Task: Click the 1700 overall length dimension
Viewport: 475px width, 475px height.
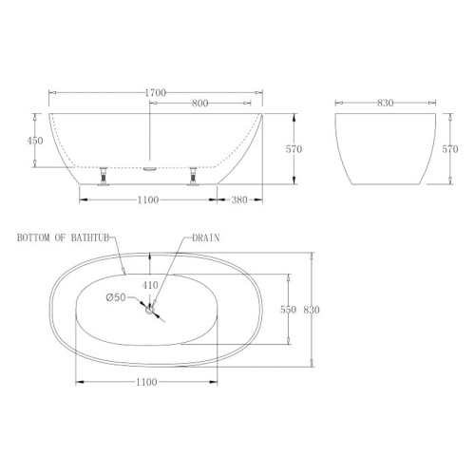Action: click(x=156, y=93)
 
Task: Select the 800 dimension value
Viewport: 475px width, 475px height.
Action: click(x=200, y=104)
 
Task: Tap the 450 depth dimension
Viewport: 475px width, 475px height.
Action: click(x=35, y=141)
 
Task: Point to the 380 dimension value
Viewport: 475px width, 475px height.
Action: click(x=239, y=199)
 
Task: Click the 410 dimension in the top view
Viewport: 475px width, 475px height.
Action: click(x=150, y=285)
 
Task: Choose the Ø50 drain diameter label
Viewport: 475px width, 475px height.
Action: click(x=116, y=297)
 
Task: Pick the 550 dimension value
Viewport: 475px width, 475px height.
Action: click(x=288, y=310)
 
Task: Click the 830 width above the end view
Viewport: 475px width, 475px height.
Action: click(x=386, y=103)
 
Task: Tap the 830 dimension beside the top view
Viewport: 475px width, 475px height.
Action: click(x=312, y=310)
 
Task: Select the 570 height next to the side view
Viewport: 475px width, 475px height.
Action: click(x=294, y=149)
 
